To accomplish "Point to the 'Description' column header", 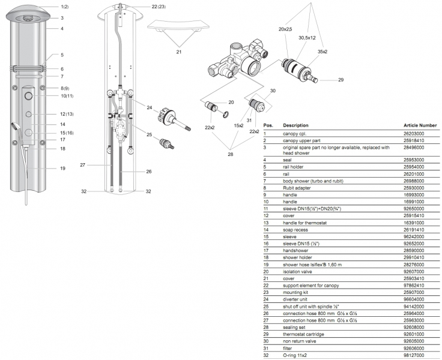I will click(x=296, y=125).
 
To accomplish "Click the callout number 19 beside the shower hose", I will click(x=62, y=169).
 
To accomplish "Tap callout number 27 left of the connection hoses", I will click(x=83, y=164).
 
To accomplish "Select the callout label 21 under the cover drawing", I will click(x=178, y=52).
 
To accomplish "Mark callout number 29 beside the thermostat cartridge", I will click(x=341, y=79).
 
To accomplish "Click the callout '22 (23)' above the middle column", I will click(x=159, y=6).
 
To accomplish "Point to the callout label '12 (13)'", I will click(x=66, y=114).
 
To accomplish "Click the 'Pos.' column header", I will click(x=268, y=125).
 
